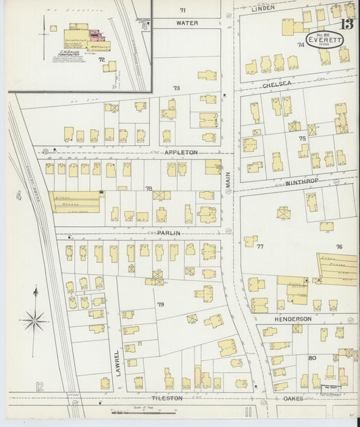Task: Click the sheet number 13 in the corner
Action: [347, 25]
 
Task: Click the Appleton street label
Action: [181, 153]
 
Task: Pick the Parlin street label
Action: [168, 232]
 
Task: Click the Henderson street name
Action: [292, 318]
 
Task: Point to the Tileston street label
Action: [166, 399]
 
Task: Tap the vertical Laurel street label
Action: [118, 362]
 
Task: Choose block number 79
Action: [161, 305]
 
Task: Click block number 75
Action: [303, 138]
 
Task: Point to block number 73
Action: [177, 89]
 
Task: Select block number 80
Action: [312, 357]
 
